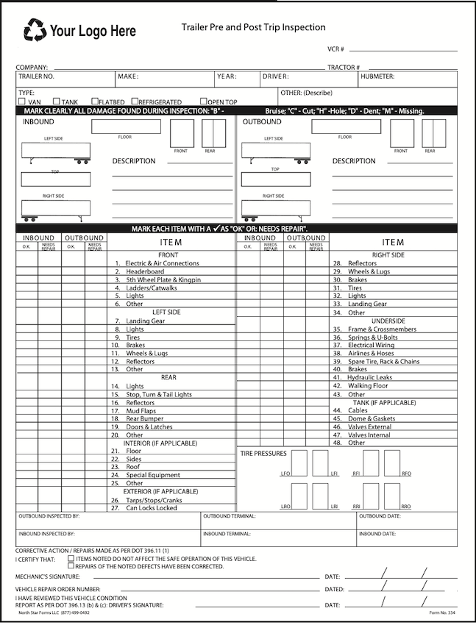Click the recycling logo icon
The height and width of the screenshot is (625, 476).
point(35,30)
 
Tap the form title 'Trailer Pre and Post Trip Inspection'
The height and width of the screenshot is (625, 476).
point(253,27)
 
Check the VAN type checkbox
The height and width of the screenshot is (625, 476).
point(22,101)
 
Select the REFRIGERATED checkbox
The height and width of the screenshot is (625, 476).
point(135,101)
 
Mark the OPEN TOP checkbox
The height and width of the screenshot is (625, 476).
point(203,101)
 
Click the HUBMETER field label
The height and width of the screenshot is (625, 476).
point(377,76)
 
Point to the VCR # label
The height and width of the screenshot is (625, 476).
point(335,49)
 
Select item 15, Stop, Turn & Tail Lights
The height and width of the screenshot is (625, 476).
point(158,394)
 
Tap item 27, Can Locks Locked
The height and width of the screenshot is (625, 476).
point(151,508)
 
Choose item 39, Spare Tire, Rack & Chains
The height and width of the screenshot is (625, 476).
point(383,362)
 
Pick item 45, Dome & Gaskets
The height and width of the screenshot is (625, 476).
point(372,418)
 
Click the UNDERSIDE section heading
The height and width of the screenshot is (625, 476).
point(388,321)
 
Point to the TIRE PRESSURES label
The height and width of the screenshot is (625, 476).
point(263,454)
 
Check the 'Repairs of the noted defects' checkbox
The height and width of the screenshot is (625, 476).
point(71,566)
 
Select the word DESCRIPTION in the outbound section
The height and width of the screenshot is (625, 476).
point(353,161)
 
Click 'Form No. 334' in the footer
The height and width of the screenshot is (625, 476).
point(443,612)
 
